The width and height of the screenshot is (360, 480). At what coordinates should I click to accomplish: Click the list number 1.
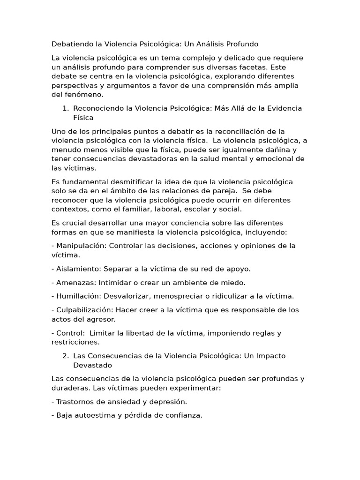click(x=65, y=108)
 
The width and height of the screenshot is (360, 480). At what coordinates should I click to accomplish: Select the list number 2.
click(x=66, y=356)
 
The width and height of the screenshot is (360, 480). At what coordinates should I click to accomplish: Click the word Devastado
click(x=92, y=365)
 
